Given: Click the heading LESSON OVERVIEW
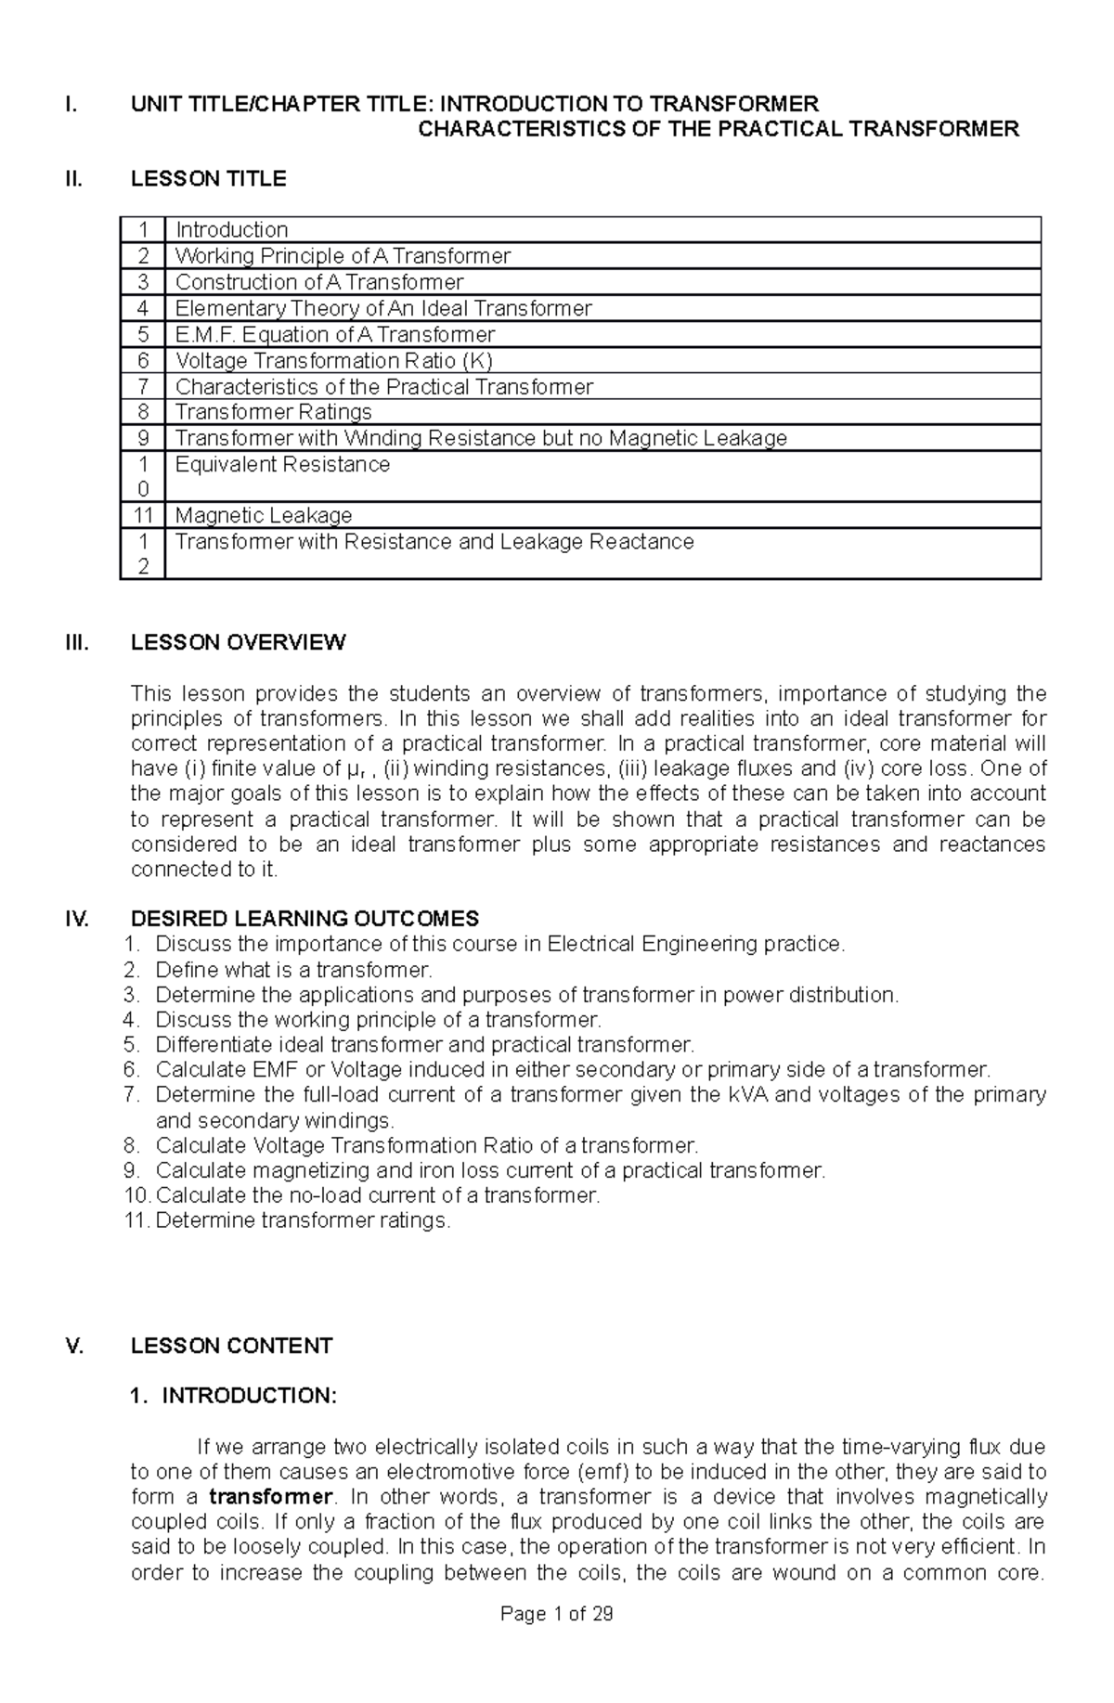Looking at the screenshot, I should pos(238,642).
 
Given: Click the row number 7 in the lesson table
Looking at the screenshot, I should pos(142,386).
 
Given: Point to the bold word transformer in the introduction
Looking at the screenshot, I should pos(270,1496).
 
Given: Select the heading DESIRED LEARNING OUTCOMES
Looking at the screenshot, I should pos(304,919).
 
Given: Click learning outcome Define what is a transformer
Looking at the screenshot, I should pos(293,970).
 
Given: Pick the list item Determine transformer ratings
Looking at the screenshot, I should pos(303,1220).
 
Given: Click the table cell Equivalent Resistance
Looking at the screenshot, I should pos(282,464).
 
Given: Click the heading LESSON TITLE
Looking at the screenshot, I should pos(208,179).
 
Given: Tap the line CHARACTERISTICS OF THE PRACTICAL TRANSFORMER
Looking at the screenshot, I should pos(718,129).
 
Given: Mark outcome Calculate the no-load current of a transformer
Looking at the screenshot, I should pos(378,1195).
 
